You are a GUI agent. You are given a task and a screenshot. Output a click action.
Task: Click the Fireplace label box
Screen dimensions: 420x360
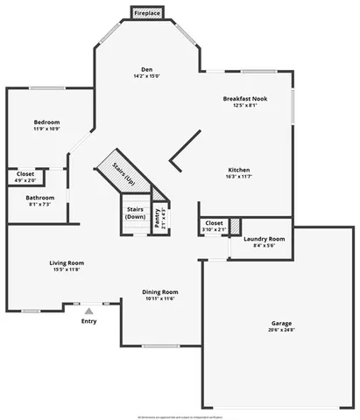[x=146, y=13]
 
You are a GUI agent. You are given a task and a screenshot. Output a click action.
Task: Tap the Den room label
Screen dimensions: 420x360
[x=147, y=69]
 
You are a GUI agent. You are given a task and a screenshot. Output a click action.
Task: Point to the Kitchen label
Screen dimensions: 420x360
[x=240, y=170]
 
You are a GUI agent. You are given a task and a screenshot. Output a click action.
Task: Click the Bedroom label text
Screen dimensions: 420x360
[x=46, y=122]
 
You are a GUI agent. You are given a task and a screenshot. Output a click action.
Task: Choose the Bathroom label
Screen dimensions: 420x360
[x=39, y=198]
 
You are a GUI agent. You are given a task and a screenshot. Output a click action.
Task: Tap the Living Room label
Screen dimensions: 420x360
[x=66, y=262]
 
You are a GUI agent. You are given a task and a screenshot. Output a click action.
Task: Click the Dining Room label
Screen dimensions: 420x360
[x=160, y=291]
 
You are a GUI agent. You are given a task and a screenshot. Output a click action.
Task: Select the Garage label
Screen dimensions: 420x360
[x=281, y=323]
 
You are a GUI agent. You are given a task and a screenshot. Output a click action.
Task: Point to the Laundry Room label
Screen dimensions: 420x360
[x=264, y=239]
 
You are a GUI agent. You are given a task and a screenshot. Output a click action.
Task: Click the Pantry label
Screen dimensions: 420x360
[x=158, y=216]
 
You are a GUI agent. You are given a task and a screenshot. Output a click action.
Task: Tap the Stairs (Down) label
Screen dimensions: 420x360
[x=135, y=213]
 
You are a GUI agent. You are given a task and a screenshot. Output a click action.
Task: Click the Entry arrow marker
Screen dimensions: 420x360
[x=88, y=310]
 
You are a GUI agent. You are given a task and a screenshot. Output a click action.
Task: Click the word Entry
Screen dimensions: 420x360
[x=89, y=321]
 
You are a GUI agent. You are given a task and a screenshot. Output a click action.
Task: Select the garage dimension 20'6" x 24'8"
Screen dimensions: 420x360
[x=281, y=330]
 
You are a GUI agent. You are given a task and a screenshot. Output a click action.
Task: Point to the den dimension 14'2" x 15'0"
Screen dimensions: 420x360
[x=147, y=76]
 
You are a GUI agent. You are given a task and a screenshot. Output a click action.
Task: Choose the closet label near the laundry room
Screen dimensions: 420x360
[x=214, y=223]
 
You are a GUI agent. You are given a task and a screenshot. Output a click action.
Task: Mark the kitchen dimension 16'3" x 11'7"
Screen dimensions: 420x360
[x=240, y=177]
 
